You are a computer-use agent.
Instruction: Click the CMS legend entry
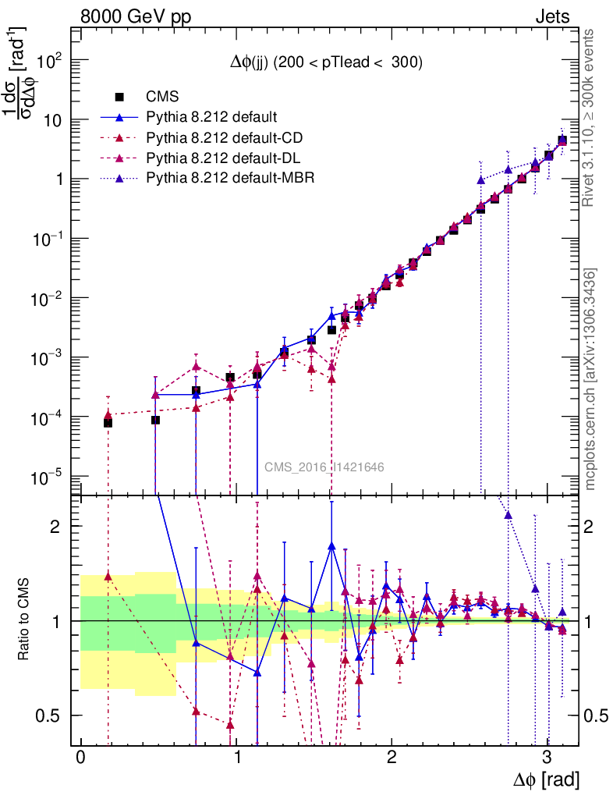click(162, 97)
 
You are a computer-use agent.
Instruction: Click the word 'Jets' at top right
click(552, 16)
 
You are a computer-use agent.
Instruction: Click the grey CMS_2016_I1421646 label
click(324, 467)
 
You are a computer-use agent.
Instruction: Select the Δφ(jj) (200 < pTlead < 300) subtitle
click(326, 63)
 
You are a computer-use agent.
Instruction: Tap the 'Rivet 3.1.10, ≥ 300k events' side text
click(590, 119)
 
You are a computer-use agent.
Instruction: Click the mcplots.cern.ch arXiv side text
click(590, 379)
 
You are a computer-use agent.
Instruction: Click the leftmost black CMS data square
click(108, 422)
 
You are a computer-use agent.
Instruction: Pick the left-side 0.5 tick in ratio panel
click(53, 716)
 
